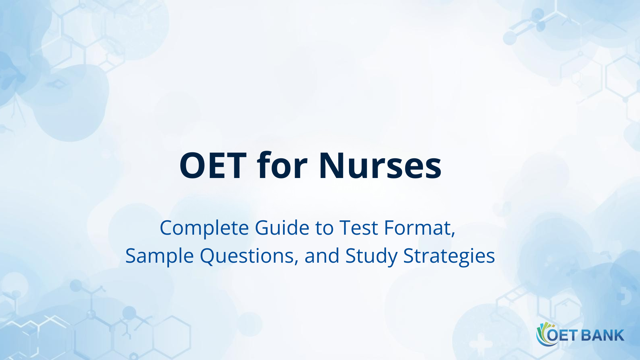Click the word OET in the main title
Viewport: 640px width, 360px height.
coord(213,166)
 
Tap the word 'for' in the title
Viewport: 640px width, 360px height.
coord(282,165)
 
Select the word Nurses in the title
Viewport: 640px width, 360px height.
coord(380,166)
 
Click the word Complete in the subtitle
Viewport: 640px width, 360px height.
coord(204,228)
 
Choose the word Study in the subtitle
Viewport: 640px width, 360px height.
coord(371,256)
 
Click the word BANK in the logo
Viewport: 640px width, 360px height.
coord(602,335)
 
